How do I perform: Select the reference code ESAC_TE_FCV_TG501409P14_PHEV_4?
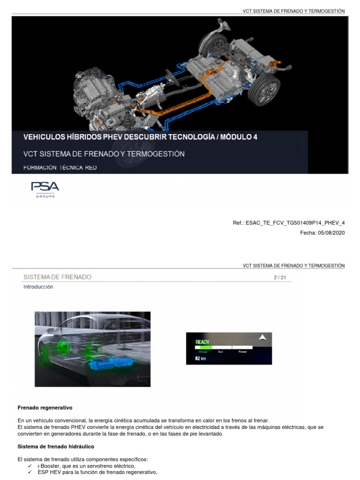(x=295, y=223)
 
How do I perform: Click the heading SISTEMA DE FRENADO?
(x=57, y=277)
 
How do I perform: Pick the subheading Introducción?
(x=38, y=287)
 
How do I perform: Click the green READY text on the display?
(x=202, y=342)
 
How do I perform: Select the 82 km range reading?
(x=201, y=358)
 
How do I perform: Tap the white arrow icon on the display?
(x=262, y=337)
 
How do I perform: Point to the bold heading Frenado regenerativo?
(x=45, y=408)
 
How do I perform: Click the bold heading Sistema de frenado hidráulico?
(x=56, y=446)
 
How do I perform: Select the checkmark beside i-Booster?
(x=30, y=466)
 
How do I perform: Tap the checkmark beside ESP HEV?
(x=30, y=472)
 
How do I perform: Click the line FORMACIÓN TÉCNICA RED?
(x=60, y=167)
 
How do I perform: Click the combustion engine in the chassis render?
(x=96, y=94)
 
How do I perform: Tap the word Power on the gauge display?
(x=243, y=351)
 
